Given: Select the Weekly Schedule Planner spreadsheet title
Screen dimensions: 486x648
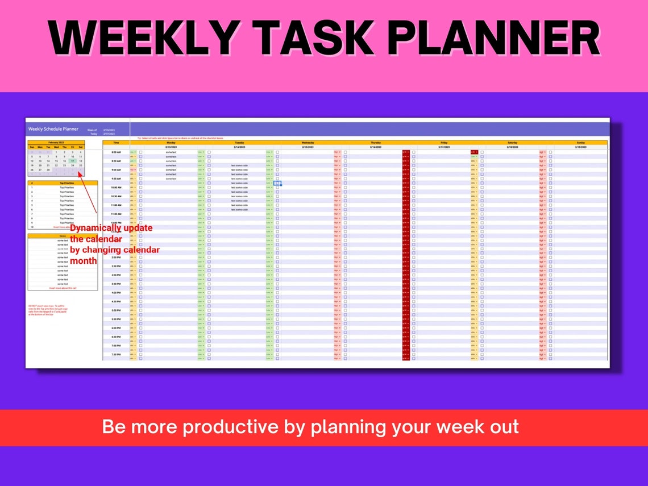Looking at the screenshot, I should [53, 129].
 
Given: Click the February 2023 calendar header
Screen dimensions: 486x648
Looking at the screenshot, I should [56, 143].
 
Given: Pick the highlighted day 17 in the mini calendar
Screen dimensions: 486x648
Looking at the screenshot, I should [73, 161].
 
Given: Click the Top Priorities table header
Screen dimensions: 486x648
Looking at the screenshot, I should [67, 183].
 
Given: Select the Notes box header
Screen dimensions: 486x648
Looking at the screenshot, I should [63, 236].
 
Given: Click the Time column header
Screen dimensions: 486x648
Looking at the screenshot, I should [116, 143].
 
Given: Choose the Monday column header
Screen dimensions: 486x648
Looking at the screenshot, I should [171, 143].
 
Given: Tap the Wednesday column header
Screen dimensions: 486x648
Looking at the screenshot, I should [308, 143].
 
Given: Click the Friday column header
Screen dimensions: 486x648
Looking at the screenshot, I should [444, 143].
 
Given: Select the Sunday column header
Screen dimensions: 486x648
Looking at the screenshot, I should [580, 143].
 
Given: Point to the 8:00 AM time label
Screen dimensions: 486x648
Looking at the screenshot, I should [116, 152].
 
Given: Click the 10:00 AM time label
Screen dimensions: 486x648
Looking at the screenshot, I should [116, 188].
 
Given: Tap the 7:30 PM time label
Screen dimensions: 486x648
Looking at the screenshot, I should [116, 354].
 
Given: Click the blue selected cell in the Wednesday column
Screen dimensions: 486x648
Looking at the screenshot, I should [277, 183].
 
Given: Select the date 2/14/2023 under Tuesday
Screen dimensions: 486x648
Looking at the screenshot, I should [239, 147].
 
